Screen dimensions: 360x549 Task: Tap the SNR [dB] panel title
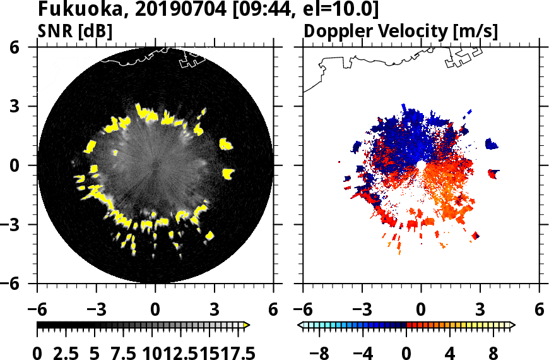point(75,31)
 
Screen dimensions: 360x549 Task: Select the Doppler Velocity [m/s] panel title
point(401,31)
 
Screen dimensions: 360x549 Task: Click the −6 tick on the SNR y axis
point(23,284)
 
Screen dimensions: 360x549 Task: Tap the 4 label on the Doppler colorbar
point(451,352)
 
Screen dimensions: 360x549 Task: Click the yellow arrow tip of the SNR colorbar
point(247,325)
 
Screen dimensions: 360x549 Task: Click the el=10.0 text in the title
point(341,11)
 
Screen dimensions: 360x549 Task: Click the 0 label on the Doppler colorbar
point(407,352)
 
